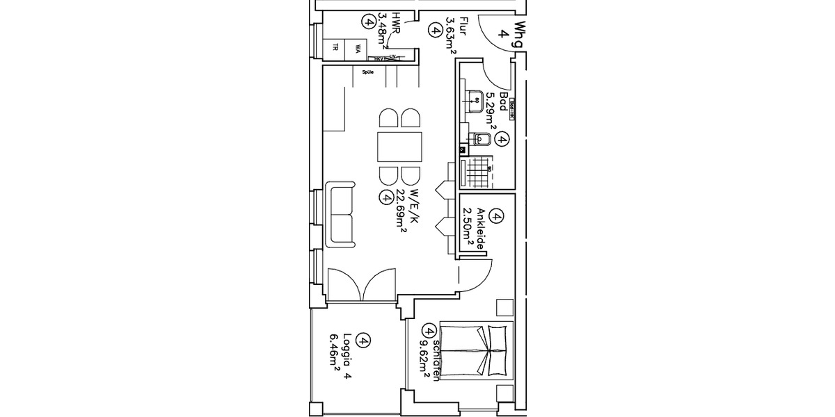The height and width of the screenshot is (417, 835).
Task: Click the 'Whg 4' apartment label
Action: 511,35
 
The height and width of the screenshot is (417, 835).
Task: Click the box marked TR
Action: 335,48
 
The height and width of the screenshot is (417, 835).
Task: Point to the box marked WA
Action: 357,48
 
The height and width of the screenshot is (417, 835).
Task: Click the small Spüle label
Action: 368,70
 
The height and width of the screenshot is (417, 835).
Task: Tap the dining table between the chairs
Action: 399,147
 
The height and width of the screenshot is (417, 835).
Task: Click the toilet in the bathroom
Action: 482,140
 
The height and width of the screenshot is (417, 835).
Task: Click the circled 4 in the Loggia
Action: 362,341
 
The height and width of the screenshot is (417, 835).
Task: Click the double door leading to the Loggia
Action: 360,285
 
